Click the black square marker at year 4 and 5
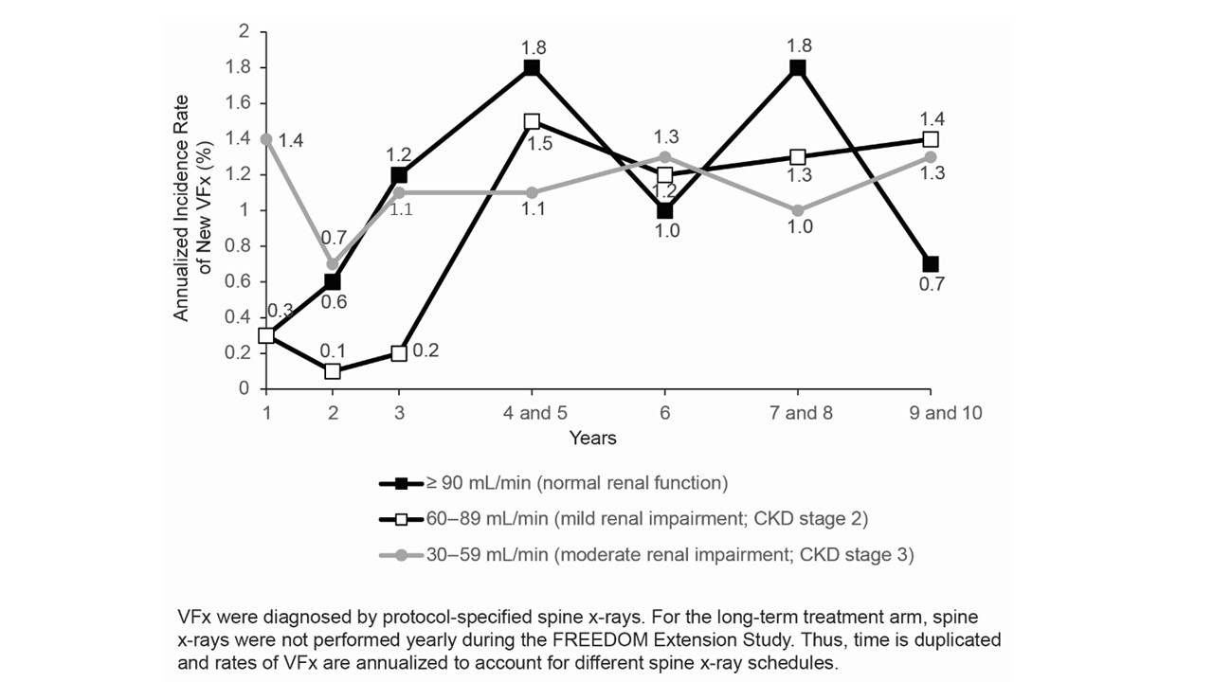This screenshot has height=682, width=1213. click(x=532, y=68)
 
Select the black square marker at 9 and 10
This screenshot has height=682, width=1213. click(x=931, y=264)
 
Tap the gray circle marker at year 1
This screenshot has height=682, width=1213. click(x=266, y=139)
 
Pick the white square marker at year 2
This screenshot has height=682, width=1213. click(x=333, y=371)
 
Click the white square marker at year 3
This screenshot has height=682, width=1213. click(x=399, y=353)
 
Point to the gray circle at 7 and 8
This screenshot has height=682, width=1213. click(x=797, y=210)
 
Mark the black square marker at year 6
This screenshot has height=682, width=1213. click(x=664, y=210)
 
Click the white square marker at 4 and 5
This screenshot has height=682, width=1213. click(x=532, y=121)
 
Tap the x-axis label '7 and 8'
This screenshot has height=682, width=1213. click(x=797, y=414)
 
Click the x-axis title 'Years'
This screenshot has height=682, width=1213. click(x=593, y=438)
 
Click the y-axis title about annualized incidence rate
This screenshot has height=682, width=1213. click(x=190, y=208)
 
